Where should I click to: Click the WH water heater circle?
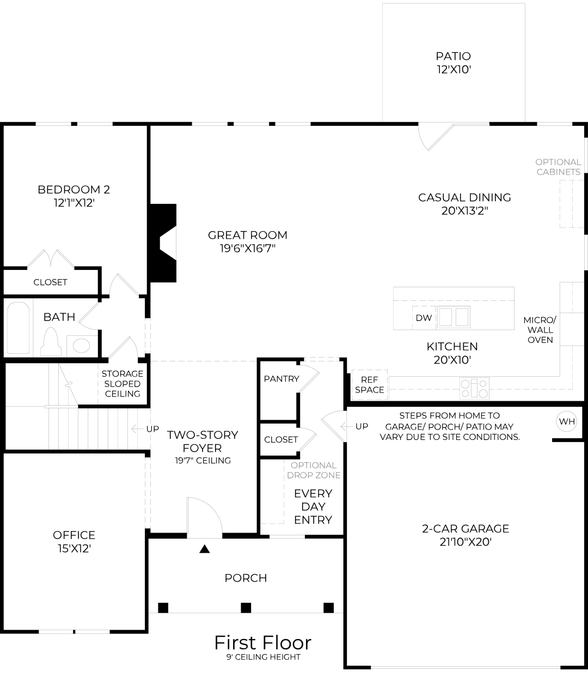tap(566, 421)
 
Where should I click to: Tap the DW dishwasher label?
tap(424, 318)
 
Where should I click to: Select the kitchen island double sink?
tap(454, 316)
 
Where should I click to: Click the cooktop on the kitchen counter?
tap(474, 388)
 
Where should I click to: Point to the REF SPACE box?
tap(369, 385)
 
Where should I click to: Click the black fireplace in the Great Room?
tap(163, 243)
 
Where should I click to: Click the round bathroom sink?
tap(82, 346)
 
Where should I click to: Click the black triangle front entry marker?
tap(205, 549)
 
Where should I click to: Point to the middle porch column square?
tap(246, 607)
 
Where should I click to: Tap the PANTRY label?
tap(281, 379)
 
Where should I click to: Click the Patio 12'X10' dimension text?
tap(453, 70)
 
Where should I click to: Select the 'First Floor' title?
tap(262, 643)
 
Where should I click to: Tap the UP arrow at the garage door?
tap(344, 426)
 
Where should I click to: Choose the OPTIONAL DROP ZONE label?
tap(314, 470)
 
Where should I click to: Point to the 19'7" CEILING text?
tap(202, 461)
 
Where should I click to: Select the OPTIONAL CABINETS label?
tap(558, 167)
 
